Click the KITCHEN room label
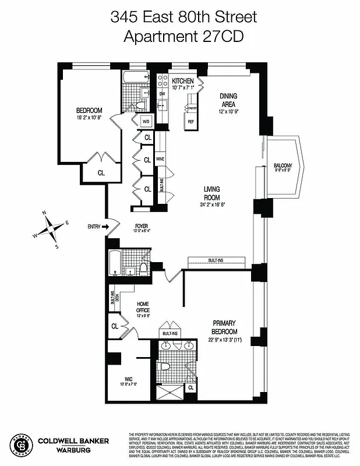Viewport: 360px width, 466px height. coord(182,80)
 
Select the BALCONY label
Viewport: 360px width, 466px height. coord(283,166)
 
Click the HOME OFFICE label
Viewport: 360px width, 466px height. coord(143,307)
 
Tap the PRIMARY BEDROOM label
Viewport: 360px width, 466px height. coord(224,327)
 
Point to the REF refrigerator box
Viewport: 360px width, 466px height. coord(190,122)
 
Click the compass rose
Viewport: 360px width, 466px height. coord(52,228)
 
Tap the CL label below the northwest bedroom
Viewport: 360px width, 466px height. coord(101,172)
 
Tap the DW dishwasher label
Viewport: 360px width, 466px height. coord(162,93)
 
